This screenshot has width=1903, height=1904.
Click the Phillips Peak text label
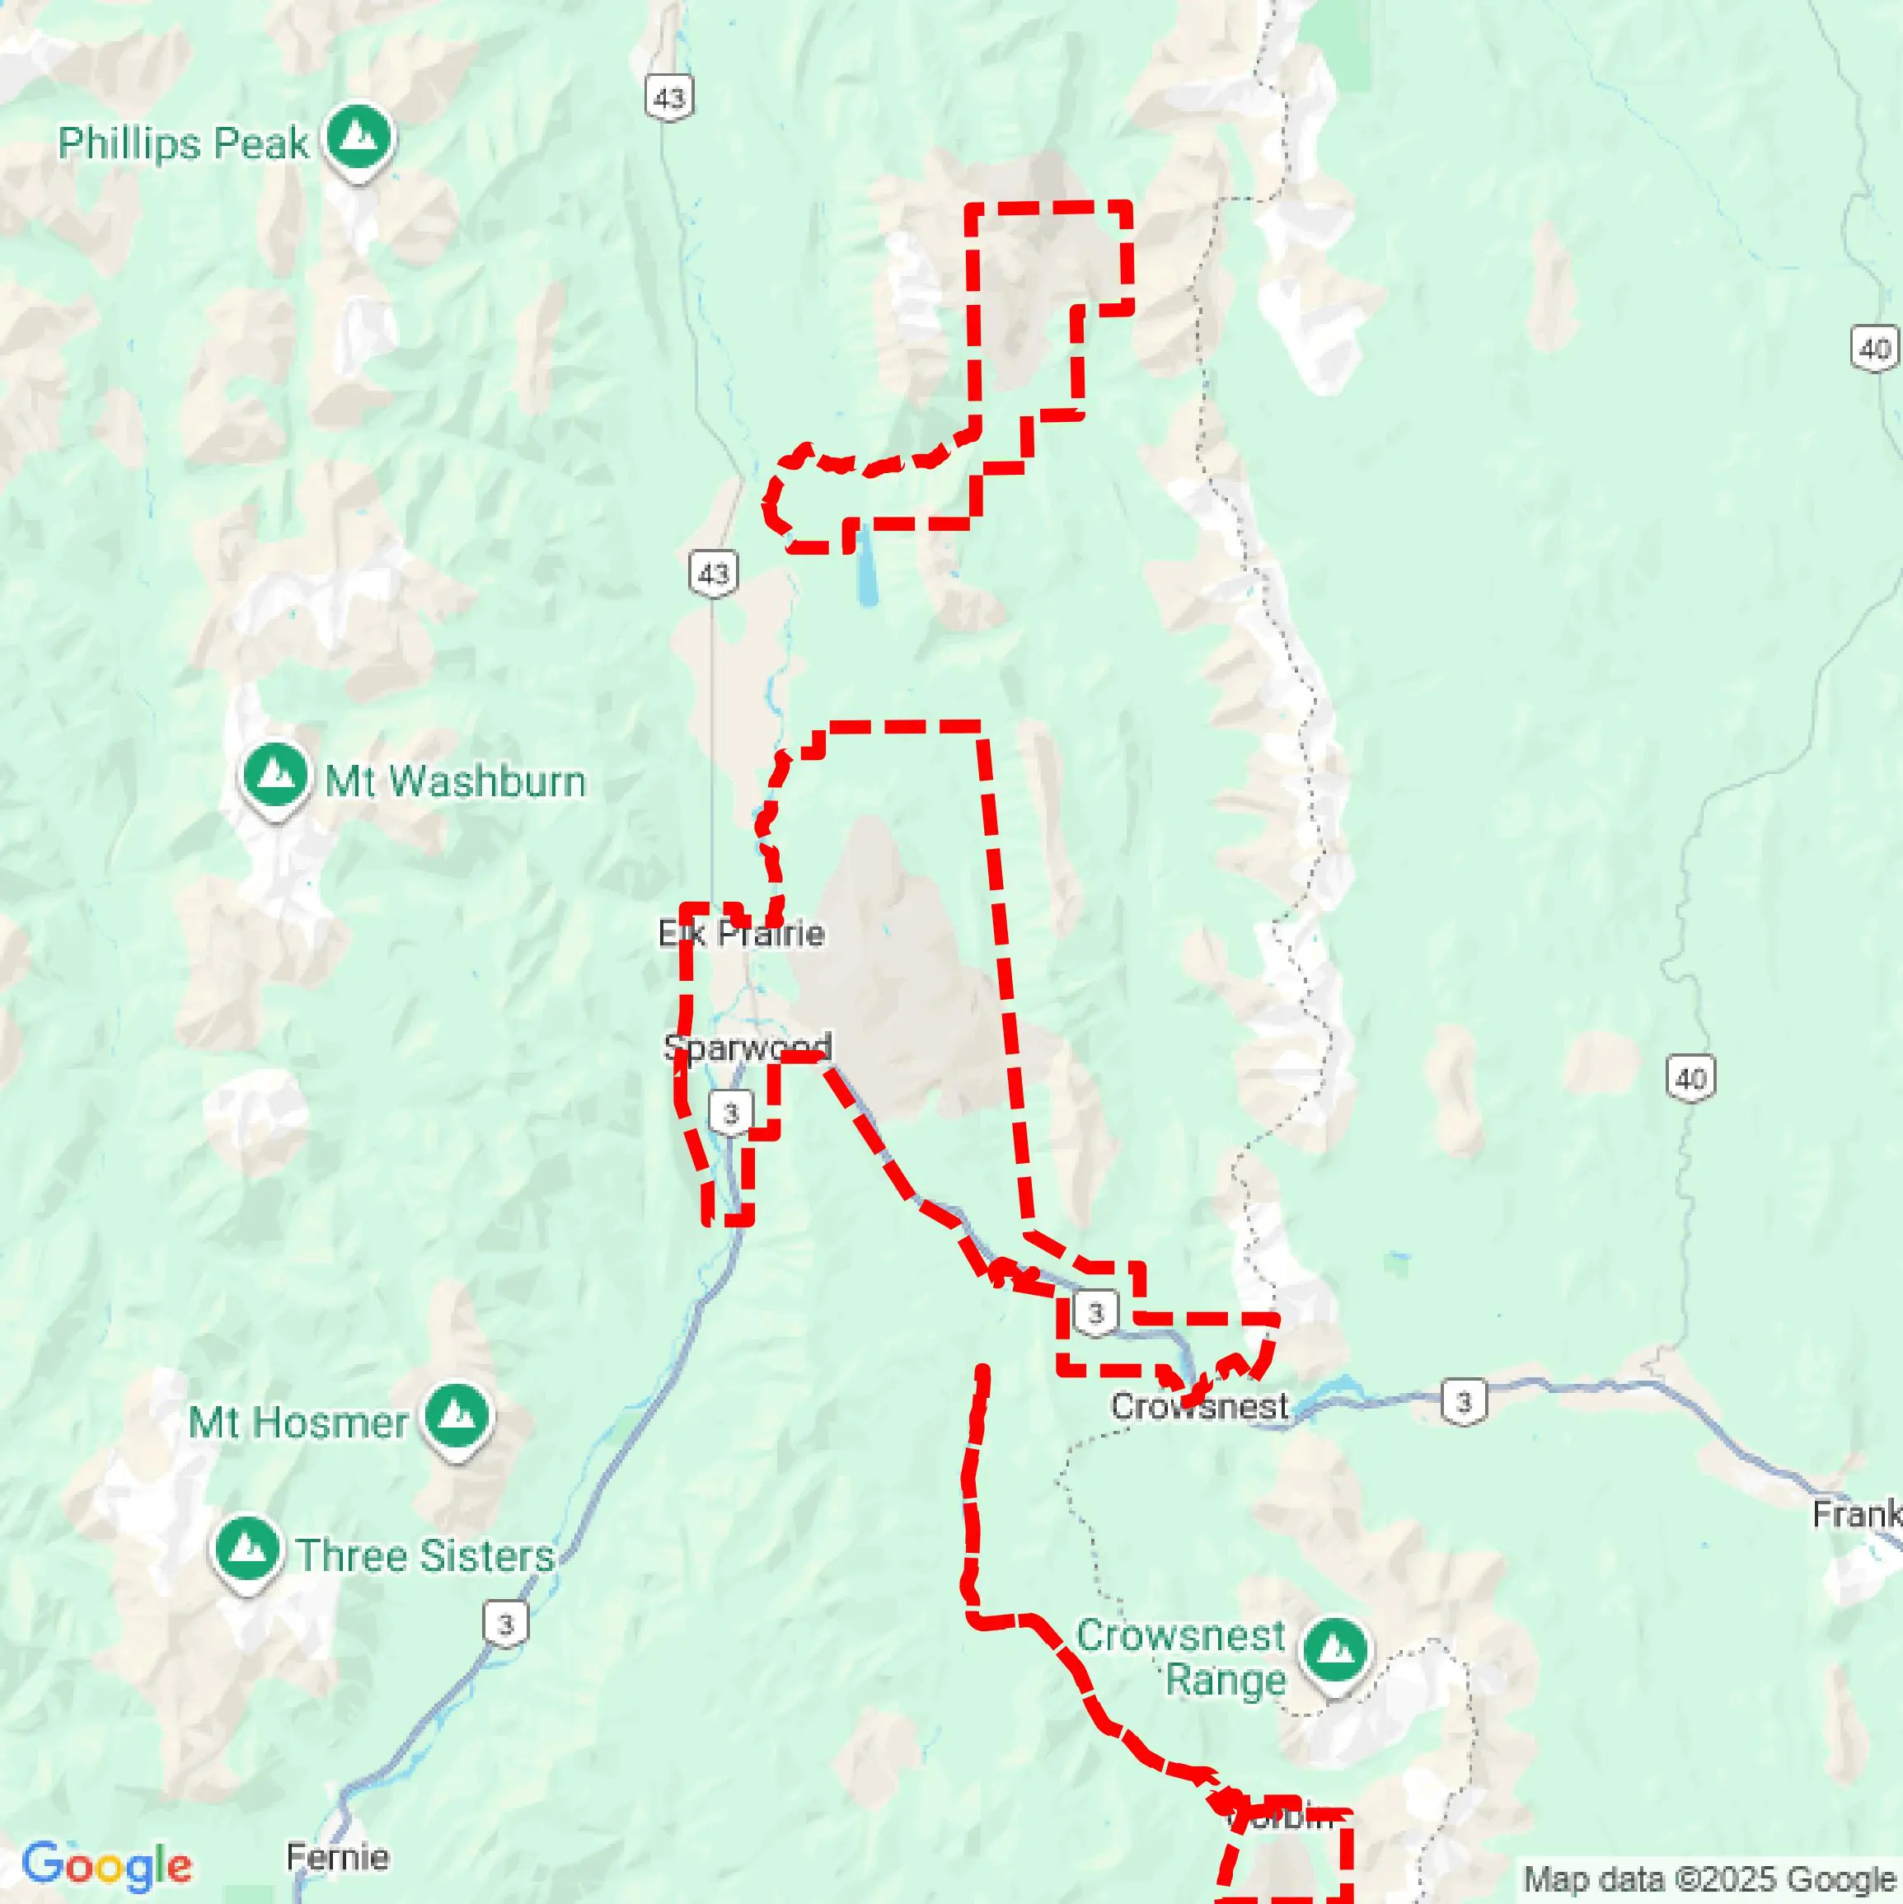183,144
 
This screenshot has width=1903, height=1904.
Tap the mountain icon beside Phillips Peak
359,138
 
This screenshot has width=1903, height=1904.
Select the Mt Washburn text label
455,782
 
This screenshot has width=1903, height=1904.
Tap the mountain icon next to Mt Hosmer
458,1417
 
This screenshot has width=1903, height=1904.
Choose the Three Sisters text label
426,1556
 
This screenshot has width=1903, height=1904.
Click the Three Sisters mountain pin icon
246,1550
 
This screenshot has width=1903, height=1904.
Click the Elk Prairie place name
741,933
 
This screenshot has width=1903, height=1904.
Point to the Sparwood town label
747,1047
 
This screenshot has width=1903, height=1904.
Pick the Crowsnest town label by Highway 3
1198,1406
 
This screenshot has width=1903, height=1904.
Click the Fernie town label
338,1858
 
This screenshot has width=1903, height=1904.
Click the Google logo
106,1865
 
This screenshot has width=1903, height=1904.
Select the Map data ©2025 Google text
1711,1879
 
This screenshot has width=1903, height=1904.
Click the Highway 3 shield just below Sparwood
730,1114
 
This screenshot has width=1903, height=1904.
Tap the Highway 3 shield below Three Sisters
505,1624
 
